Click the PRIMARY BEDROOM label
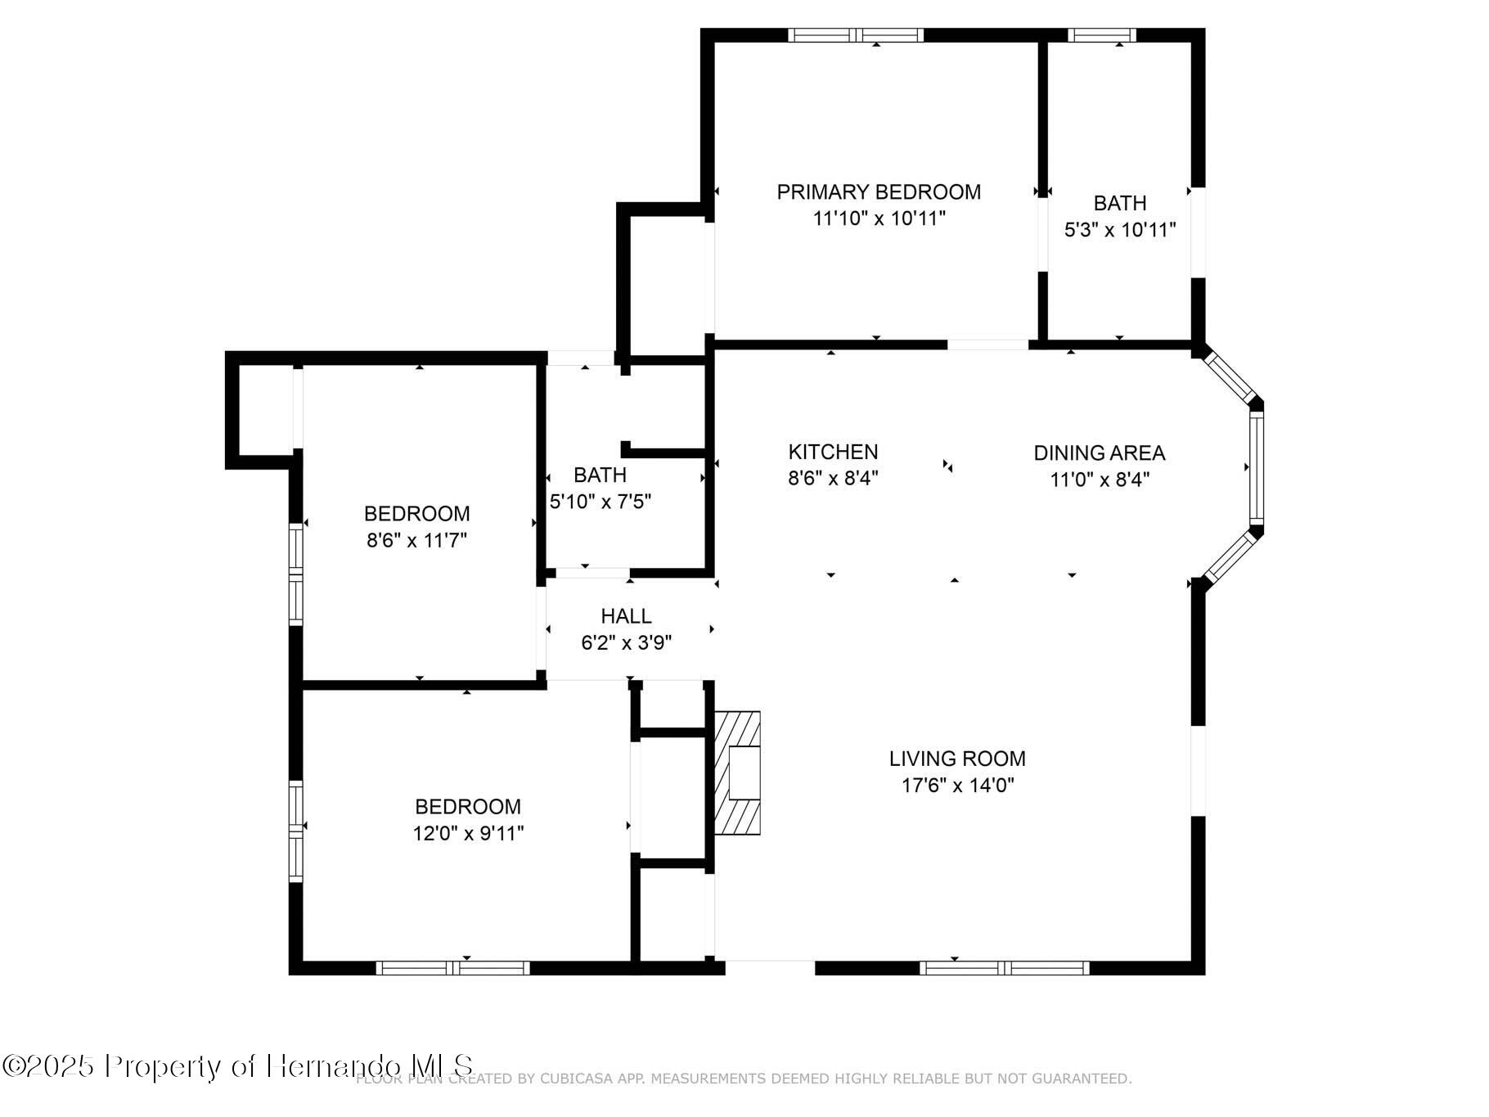879,192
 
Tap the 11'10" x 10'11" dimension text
879,218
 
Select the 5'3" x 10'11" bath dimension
1119,230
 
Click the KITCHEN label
833,452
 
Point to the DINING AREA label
1099,453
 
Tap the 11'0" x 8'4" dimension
1100,480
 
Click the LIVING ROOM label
957,759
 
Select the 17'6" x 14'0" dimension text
957,786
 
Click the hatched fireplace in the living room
738,773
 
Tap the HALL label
626,616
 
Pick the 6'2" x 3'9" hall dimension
626,643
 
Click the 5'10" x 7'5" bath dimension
601,502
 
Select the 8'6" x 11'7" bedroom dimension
416,540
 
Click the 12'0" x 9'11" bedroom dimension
468,833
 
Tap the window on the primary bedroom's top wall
856,35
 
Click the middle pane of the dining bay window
1256,468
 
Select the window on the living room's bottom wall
1004,968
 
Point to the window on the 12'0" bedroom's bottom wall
452,968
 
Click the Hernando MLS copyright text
237,1066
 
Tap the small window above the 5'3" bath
1101,35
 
